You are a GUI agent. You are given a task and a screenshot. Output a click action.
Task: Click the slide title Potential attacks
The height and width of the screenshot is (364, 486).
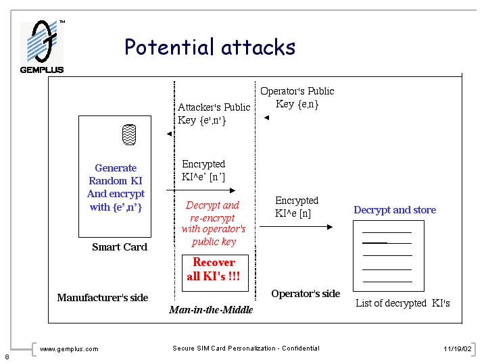tap(210, 47)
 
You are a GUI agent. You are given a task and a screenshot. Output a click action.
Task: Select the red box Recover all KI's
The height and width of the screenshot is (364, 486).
tap(214, 270)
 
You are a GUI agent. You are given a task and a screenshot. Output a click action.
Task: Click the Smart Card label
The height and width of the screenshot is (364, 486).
tap(120, 247)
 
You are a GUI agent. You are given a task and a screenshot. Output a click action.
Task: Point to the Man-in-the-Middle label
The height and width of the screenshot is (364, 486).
tap(211, 310)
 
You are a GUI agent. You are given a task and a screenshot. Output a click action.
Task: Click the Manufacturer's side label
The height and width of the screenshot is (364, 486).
tap(103, 298)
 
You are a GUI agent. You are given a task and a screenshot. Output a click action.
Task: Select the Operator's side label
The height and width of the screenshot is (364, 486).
tap(306, 294)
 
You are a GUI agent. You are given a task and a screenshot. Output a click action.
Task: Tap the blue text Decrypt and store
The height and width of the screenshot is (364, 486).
tap(395, 210)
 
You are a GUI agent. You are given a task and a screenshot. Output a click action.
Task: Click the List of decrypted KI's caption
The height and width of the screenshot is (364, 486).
tap(403, 303)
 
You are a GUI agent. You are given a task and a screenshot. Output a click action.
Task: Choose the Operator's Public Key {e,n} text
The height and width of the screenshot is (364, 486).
tap(297, 98)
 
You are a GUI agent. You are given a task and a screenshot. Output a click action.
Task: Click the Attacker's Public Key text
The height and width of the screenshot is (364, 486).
tap(214, 113)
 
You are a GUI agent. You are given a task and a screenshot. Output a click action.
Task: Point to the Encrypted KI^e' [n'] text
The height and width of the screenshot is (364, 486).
tap(203, 170)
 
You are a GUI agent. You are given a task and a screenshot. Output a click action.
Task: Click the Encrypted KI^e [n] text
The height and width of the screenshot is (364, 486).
tap(296, 207)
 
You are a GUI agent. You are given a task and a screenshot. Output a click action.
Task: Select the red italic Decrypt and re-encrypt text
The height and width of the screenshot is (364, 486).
tap(214, 224)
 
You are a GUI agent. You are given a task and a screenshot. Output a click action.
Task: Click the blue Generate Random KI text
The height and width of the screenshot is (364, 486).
tap(116, 187)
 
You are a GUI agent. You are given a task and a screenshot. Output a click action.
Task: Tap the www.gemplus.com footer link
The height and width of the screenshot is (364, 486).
tap(69, 349)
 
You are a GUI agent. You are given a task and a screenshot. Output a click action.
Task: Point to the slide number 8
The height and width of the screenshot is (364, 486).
tap(6, 357)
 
